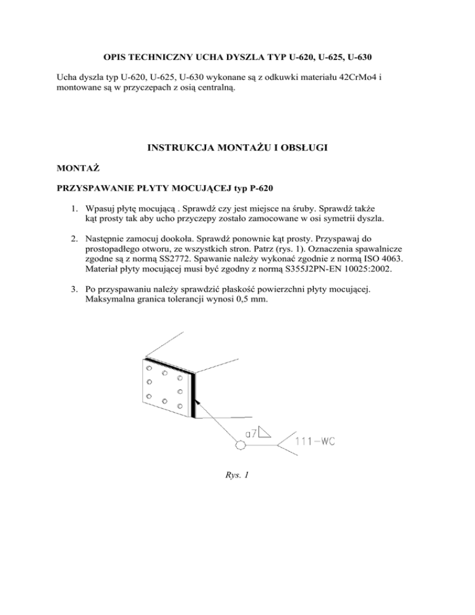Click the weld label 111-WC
click(x=317, y=442)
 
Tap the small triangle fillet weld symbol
click(x=265, y=431)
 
